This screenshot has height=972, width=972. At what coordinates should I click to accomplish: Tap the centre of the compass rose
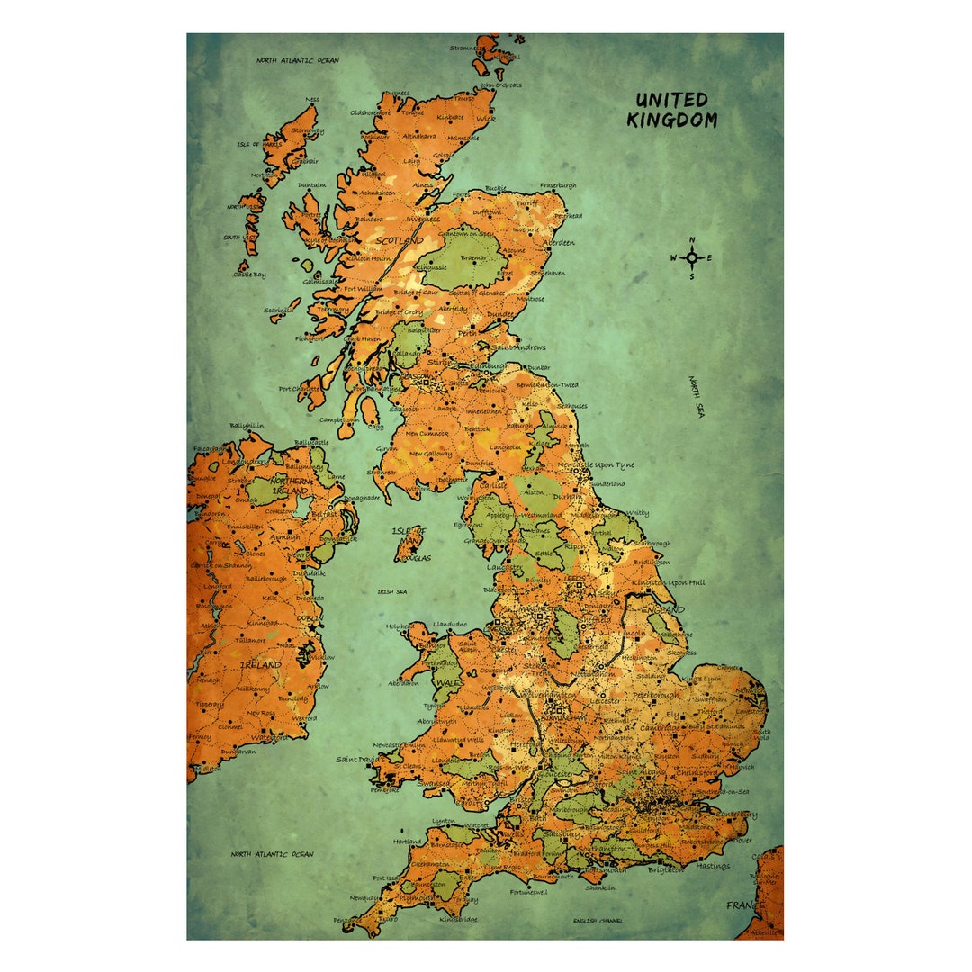tap(692, 257)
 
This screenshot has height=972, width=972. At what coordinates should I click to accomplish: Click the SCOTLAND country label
tap(399, 241)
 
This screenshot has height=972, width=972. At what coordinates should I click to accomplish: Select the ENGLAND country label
tap(662, 609)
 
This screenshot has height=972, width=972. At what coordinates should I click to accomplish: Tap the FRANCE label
tap(744, 904)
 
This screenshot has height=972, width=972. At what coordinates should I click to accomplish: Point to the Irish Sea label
tap(392, 591)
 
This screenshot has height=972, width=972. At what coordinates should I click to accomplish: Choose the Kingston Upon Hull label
tap(669, 582)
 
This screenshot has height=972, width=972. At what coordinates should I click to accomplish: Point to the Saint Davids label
tap(357, 760)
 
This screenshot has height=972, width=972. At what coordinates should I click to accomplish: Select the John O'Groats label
tap(500, 85)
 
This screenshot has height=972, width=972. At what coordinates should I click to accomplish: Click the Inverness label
tap(423, 219)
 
